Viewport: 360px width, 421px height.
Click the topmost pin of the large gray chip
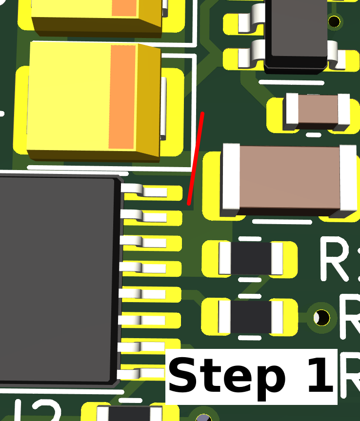146,191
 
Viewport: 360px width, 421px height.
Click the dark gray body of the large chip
59,278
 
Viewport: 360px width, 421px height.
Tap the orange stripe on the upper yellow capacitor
124,8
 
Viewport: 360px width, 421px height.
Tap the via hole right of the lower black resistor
321,317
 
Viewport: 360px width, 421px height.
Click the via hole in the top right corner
334,21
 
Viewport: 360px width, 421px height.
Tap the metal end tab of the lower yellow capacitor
163,107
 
